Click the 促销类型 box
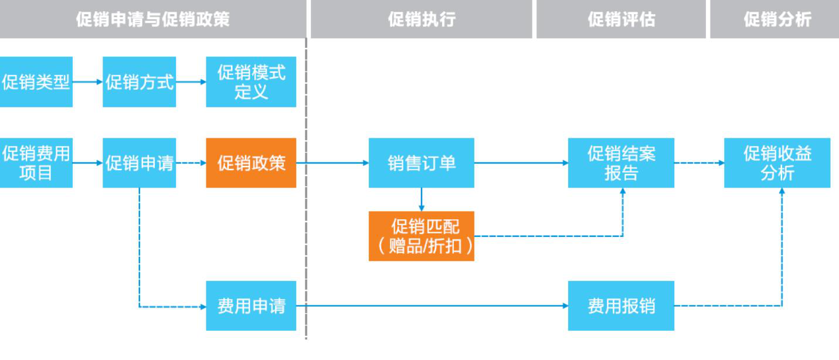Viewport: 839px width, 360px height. coord(36,81)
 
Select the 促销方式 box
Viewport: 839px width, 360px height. coord(140,81)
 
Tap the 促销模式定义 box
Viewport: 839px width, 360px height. coord(251,81)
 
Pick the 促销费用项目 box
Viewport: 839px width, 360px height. coord(36,162)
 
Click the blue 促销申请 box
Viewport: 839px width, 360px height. coord(140,162)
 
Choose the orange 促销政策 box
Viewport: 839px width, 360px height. coord(251,162)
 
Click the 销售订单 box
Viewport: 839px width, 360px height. coord(422,162)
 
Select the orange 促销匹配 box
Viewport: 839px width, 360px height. coord(422,236)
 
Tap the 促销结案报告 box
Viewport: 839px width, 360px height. coord(621,162)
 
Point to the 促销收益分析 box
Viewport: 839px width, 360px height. coord(777,162)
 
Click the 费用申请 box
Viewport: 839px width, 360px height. coord(251,305)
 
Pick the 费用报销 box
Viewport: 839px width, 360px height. coord(621,305)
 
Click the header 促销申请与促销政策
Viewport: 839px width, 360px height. coord(153,19)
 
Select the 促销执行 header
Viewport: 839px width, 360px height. coord(422,19)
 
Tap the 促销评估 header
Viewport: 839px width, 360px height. coord(621,19)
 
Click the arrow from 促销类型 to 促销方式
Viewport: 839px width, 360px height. coord(87,81)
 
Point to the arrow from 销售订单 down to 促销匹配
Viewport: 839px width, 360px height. coord(422,199)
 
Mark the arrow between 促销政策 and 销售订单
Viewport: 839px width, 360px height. coord(332,162)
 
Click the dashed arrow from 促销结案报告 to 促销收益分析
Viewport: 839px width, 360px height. coord(699,162)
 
